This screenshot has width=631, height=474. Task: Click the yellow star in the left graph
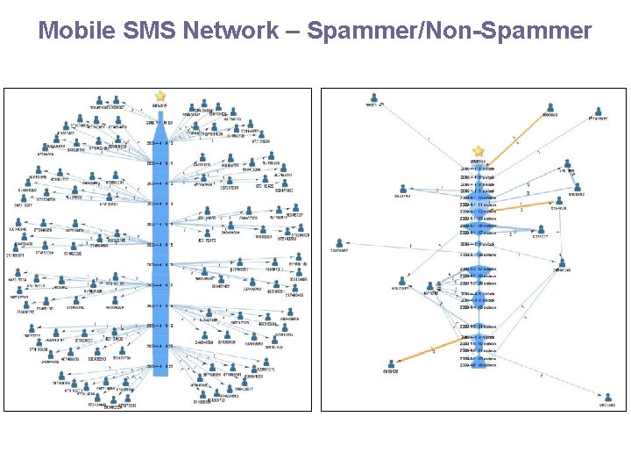click(x=160, y=96)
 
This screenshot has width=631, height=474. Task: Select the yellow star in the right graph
click(x=478, y=151)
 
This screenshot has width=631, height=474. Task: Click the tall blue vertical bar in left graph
click(x=160, y=237)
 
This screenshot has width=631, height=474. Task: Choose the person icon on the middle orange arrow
click(x=558, y=200)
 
